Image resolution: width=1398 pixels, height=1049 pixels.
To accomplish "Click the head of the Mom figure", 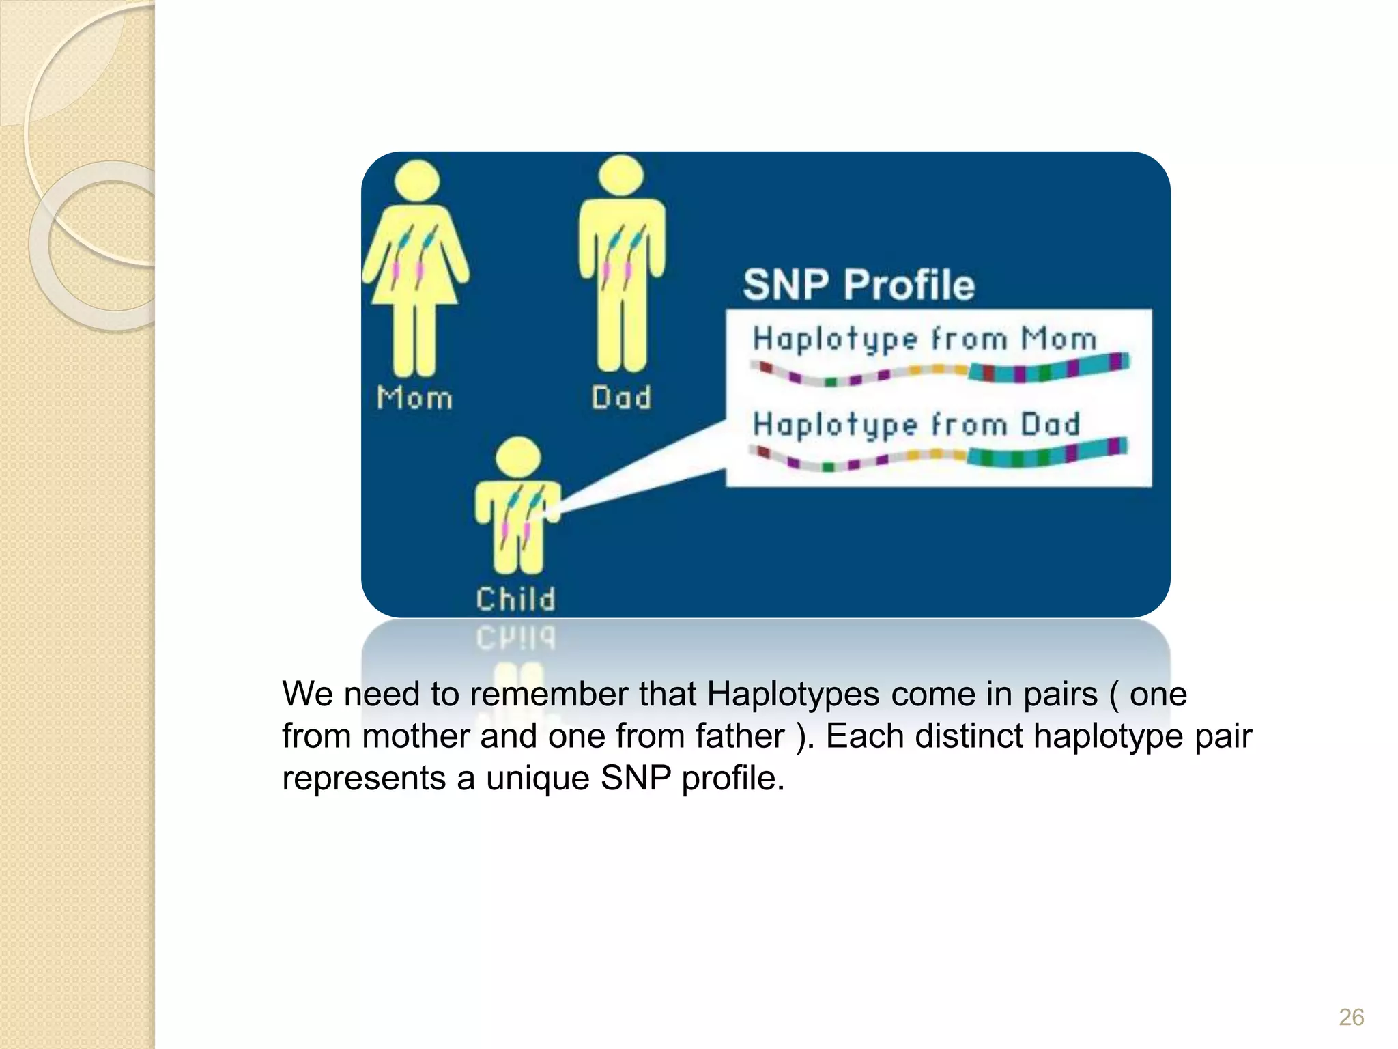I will click(417, 180).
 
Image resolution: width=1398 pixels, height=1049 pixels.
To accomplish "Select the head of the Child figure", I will click(518, 458).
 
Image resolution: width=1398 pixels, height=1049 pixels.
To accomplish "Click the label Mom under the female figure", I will click(414, 397).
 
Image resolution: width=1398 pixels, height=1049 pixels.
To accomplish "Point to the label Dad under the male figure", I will click(621, 397).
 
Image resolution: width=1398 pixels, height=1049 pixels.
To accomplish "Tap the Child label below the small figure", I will click(516, 599).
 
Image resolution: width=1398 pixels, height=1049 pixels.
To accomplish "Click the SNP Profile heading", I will click(859, 285).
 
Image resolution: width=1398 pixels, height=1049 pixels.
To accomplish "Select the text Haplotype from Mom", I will click(924, 339).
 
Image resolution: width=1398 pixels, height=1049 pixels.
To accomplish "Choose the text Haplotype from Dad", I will click(916, 424).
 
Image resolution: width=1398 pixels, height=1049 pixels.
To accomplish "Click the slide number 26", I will click(1351, 1017).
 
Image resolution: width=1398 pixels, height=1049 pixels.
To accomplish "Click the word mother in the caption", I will click(415, 736).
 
